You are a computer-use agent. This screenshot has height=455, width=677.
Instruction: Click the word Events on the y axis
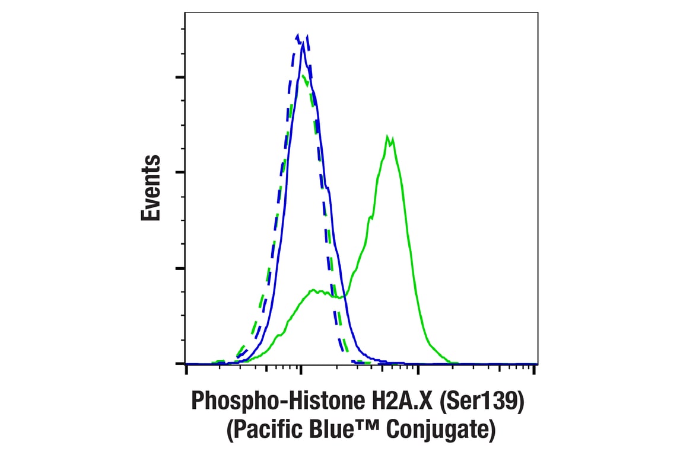[x=151, y=188]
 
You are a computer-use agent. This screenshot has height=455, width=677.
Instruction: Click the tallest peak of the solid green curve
[x=389, y=137]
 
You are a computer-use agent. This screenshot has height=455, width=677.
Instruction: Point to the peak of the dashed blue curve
[x=298, y=35]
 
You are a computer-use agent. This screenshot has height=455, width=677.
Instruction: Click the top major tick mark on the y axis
[x=180, y=77]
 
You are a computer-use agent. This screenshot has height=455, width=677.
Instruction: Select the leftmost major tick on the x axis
[x=186, y=370]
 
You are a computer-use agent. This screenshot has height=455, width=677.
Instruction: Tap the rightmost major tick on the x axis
[x=535, y=370]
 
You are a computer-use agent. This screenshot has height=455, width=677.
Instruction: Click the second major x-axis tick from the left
[x=301, y=370]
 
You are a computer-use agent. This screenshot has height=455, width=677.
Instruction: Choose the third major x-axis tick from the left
[x=418, y=370]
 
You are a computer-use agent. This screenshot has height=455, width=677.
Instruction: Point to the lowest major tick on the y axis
[x=180, y=363]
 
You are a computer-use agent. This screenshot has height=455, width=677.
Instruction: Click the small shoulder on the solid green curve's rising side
[x=370, y=217]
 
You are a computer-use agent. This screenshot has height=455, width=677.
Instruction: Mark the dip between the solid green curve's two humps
[x=341, y=297]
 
